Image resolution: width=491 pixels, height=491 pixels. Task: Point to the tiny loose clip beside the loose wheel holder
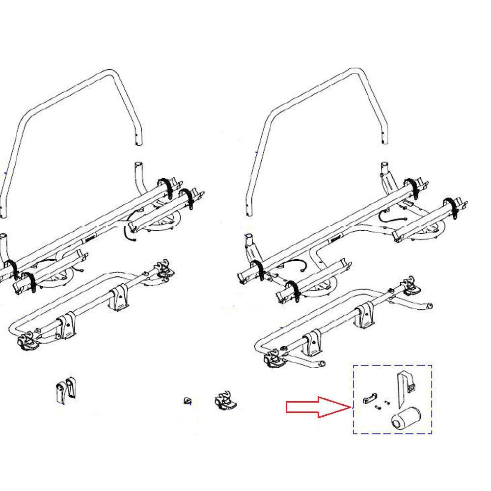tap(187, 401)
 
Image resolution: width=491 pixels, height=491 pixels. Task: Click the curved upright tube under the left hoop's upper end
tap(139, 177)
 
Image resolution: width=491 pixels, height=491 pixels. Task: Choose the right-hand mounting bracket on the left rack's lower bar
tap(118, 297)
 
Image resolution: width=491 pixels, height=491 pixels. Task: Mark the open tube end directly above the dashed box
tap(429, 306)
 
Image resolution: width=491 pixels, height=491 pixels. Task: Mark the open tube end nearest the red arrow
tap(321, 364)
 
